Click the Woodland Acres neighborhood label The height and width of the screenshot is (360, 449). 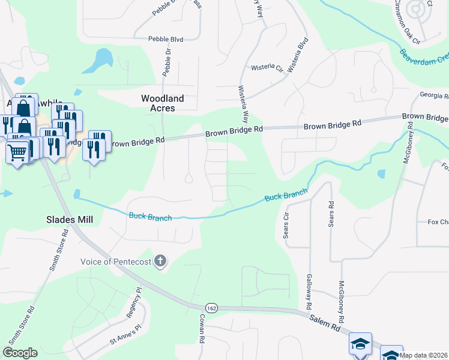coord(162,103)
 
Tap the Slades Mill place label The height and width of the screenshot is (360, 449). coord(70,220)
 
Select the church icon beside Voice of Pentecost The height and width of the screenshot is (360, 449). coord(160,261)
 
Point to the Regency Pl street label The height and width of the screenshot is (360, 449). coord(134,310)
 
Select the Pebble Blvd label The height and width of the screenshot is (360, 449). coord(167,39)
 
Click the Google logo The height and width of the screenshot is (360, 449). coord(20,353)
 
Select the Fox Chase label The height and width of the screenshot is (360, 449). coord(438,221)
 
